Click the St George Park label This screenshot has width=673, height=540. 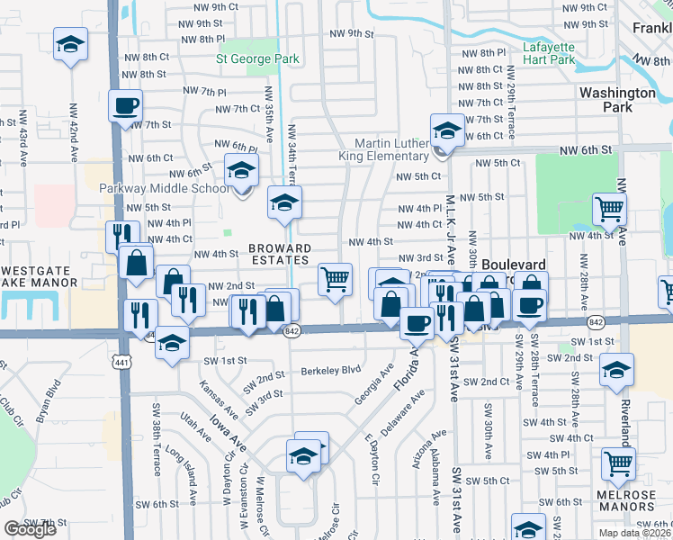pos(257,59)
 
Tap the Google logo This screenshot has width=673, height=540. pos(30,529)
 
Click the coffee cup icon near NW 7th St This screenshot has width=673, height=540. pos(125,105)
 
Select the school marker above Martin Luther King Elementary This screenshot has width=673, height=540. pos(446,130)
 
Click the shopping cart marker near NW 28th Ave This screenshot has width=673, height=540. pos(609,210)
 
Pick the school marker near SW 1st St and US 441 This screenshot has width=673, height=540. pos(173,343)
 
